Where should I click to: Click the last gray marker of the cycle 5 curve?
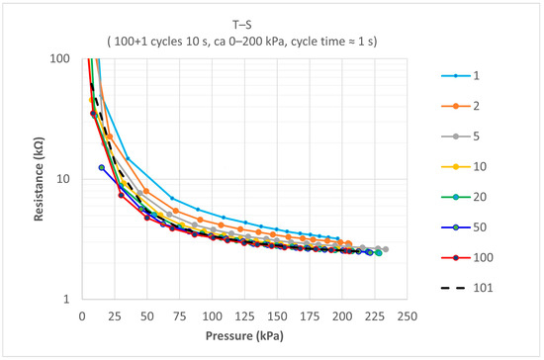386,249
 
